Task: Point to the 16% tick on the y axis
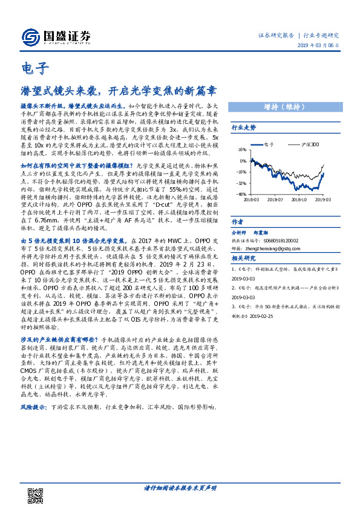point(242,150)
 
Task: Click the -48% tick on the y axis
point(242,195)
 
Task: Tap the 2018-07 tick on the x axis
point(275,199)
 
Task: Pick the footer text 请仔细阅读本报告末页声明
point(180,487)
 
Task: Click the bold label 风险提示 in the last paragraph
point(32,409)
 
